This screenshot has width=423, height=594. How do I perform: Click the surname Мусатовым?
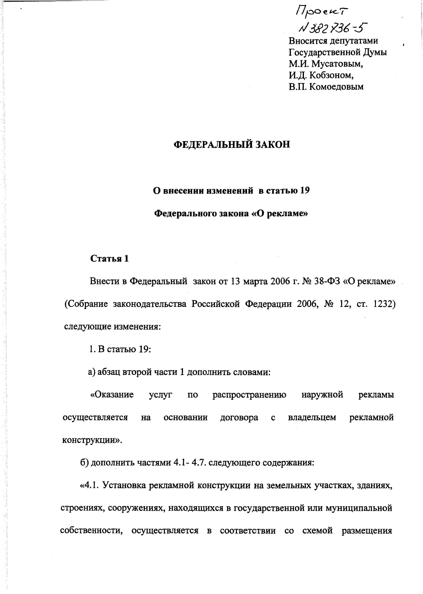(337, 64)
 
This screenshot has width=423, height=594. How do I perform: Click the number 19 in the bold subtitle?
(305, 191)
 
